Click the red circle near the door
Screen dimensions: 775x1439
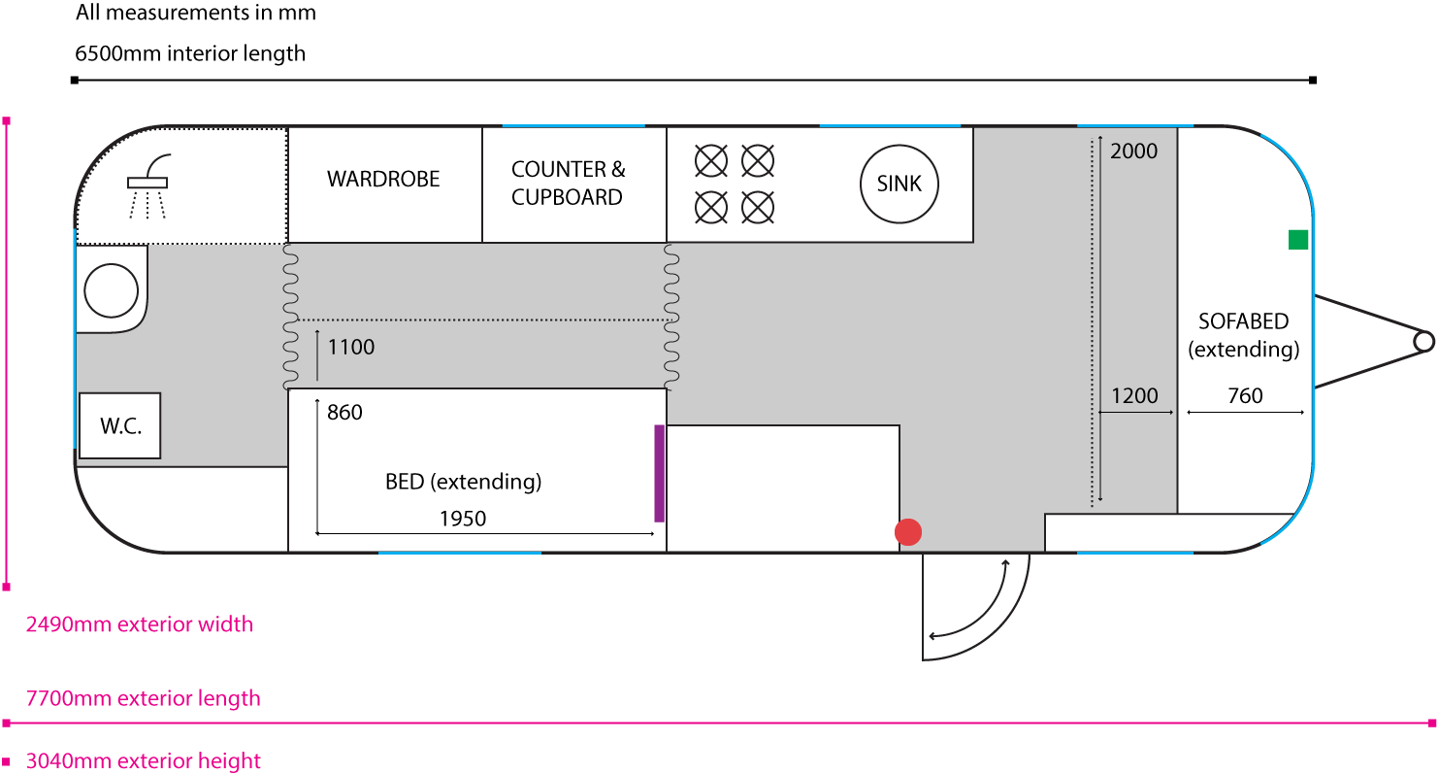tap(908, 531)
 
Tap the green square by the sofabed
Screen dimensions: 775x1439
tap(1298, 240)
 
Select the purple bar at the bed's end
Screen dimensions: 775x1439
tap(660, 473)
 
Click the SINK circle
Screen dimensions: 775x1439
tap(899, 184)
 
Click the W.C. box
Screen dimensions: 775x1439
tap(119, 425)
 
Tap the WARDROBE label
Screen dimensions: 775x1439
tap(383, 179)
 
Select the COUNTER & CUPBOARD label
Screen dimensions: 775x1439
tap(568, 184)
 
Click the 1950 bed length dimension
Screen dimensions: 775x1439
tap(462, 519)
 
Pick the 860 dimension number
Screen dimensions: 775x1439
tap(344, 413)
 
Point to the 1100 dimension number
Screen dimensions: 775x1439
tap(351, 347)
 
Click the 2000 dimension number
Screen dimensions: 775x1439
tap(1133, 151)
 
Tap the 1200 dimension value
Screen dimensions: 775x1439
tap(1134, 396)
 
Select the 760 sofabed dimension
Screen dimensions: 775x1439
tap(1245, 395)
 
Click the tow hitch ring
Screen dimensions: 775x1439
tap(1423, 341)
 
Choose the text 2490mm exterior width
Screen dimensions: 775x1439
tap(140, 624)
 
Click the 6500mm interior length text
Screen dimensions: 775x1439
tap(190, 53)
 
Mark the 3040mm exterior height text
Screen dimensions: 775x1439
tap(144, 761)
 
